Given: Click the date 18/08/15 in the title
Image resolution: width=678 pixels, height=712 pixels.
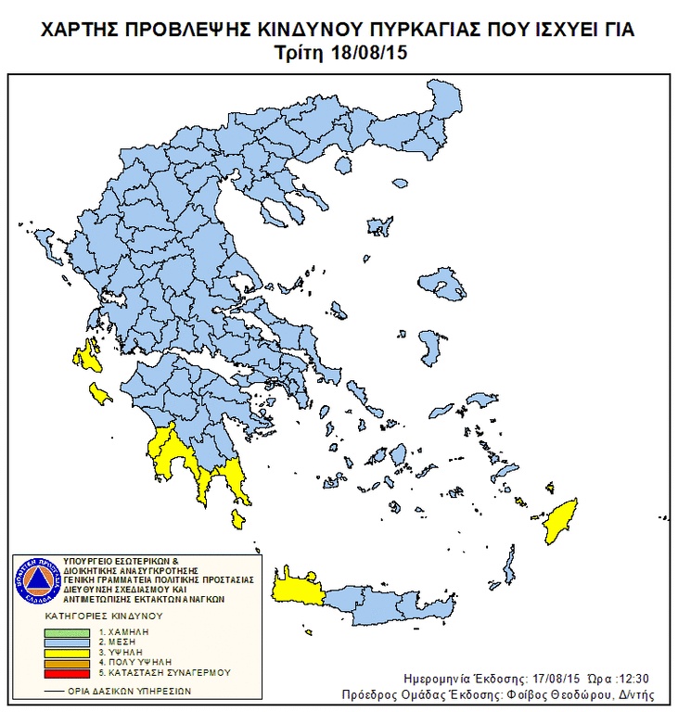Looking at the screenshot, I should click(x=369, y=53).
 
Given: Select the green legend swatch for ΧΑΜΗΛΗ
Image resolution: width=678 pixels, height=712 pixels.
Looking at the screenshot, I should click(x=67, y=632).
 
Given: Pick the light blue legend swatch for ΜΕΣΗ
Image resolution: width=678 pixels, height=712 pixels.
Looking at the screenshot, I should click(x=67, y=642).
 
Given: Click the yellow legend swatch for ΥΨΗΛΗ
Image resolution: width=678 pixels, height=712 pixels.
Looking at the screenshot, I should click(x=67, y=653).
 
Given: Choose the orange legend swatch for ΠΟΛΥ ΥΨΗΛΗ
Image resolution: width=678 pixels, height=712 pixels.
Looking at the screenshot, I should click(x=67, y=662).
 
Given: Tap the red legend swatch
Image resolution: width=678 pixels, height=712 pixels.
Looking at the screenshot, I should click(x=67, y=672).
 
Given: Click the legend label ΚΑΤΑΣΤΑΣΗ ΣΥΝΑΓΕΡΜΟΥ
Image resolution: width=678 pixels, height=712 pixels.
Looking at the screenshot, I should click(x=168, y=672).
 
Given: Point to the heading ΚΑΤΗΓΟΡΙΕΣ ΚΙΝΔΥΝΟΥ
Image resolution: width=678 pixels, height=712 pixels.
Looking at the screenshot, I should click(x=103, y=616).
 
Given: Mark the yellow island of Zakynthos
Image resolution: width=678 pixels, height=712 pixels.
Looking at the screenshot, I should click(x=98, y=393).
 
